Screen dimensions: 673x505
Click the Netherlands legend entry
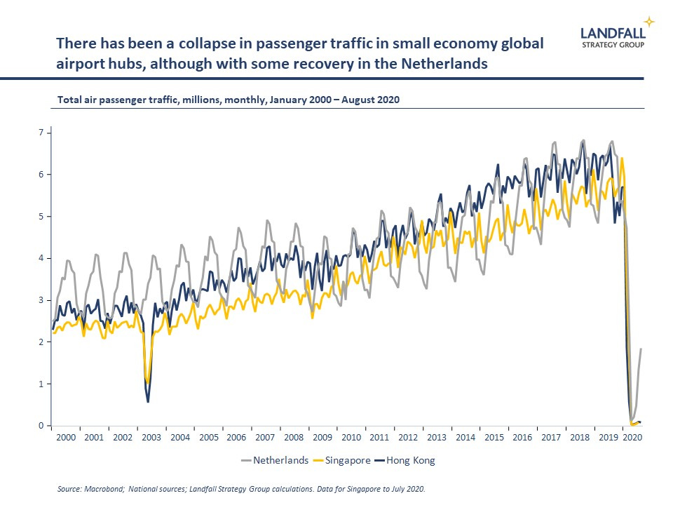tap(275, 460)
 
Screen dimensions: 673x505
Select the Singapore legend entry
tap(342, 460)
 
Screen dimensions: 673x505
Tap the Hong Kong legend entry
tap(405, 460)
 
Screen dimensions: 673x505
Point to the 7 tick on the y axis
tap(41, 133)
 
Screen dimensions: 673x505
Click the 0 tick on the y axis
tap(41, 426)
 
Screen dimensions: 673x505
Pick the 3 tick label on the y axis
tap(41, 300)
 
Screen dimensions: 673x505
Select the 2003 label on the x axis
tap(151, 438)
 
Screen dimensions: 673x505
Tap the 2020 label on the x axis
tap(632, 438)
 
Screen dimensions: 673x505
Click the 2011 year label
tap(379, 438)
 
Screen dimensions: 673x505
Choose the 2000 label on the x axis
tap(66, 438)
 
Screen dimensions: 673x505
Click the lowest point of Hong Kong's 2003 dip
tap(148, 401)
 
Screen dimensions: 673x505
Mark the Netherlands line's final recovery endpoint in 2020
tap(641, 349)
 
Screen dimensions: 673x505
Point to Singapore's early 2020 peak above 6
tap(622, 159)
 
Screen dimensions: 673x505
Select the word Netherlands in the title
tap(444, 64)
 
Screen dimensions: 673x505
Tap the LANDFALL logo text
tap(613, 33)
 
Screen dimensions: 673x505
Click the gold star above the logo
tap(649, 22)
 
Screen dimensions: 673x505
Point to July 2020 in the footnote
tap(407, 489)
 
